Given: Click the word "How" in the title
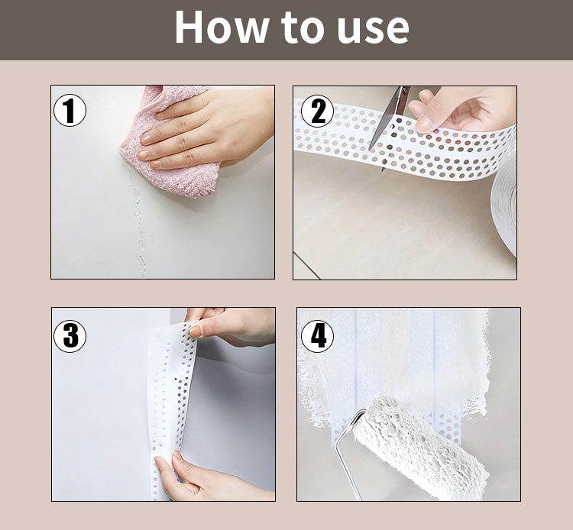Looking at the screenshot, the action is click(221, 27).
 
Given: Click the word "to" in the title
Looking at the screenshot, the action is click(303, 27).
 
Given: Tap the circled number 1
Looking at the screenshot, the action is click(70, 110).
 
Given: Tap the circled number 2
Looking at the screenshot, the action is click(317, 111).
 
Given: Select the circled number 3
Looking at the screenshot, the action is click(70, 336).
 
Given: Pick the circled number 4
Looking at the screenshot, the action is click(317, 336).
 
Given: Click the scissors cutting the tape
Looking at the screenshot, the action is click(390, 124).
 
